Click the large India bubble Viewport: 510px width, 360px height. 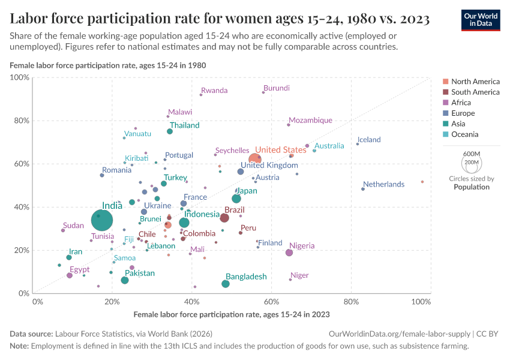tap(103, 220)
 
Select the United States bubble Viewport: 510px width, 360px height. tap(255, 159)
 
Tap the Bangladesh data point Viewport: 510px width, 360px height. tap(226, 284)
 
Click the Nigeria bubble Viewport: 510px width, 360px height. tap(289, 253)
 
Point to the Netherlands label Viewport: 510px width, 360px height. tap(383, 184)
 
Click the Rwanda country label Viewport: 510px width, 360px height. tap(214, 91)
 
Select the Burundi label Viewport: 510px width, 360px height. tap(277, 88)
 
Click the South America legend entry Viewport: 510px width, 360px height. tap(475, 92)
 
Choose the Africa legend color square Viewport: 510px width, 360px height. tap(445, 103)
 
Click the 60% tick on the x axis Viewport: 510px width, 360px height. tap(272, 301)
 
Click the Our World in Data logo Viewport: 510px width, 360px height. tap(481, 19)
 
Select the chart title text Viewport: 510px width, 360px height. tap(219, 19)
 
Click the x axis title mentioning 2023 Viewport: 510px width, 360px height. tap(232, 314)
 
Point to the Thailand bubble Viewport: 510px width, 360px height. tap(170, 131)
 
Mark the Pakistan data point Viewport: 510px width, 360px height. tap(125, 280)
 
